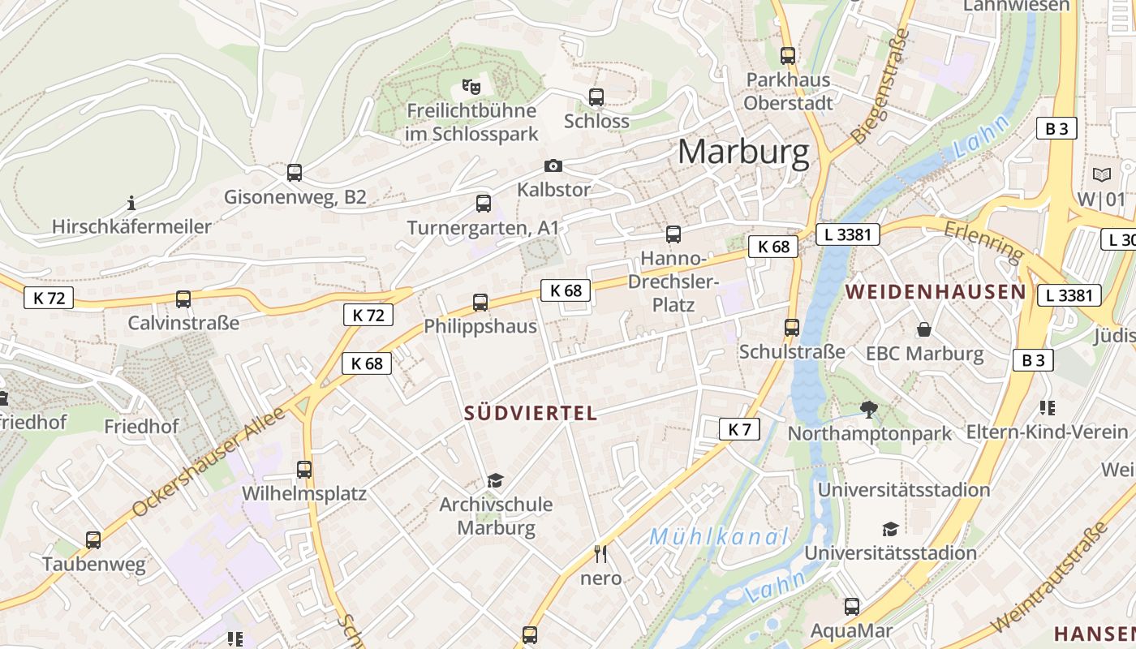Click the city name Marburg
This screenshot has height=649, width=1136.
(743, 152)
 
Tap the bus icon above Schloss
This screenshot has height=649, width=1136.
(596, 97)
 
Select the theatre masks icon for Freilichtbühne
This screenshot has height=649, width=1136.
(471, 84)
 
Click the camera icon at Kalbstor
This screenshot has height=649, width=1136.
(553, 166)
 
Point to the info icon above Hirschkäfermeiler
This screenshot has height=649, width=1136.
(131, 202)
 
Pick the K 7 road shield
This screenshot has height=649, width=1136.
(739, 429)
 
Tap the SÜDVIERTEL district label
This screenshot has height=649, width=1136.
(531, 413)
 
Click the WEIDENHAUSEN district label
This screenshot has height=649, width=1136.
(936, 292)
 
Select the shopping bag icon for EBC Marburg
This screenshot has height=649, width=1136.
(923, 329)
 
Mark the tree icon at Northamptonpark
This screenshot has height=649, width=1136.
(869, 409)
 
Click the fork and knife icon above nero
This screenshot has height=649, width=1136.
(600, 554)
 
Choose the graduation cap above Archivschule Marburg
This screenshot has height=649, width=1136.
(495, 481)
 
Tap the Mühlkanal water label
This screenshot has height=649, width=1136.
(719, 536)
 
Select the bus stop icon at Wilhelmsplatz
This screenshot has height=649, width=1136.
(304, 470)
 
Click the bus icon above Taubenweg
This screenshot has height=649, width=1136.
(93, 539)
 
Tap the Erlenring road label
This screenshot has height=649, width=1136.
(983, 243)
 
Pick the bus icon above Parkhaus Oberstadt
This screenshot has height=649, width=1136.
(788, 56)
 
